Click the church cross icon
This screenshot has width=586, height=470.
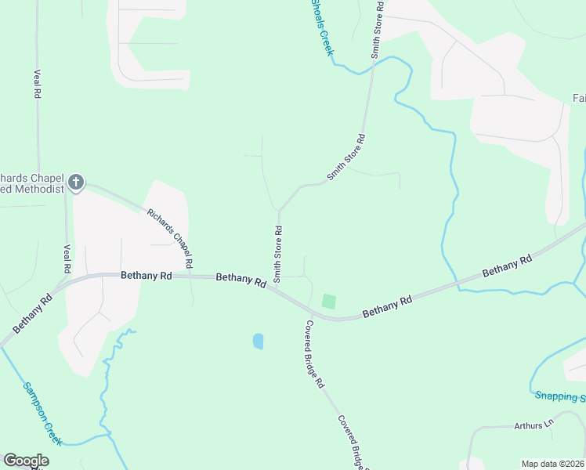click(76, 183)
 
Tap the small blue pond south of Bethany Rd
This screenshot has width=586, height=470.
click(258, 342)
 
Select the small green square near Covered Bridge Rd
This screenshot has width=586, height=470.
click(329, 301)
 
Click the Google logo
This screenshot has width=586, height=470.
click(26, 461)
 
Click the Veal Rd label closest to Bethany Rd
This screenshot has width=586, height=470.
click(66, 258)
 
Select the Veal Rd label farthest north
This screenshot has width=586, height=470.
click(37, 83)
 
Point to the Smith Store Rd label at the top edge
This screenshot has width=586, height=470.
click(377, 30)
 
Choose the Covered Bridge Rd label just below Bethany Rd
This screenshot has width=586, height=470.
click(313, 355)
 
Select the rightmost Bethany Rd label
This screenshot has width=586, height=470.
click(507, 266)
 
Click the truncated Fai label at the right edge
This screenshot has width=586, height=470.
click(579, 98)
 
